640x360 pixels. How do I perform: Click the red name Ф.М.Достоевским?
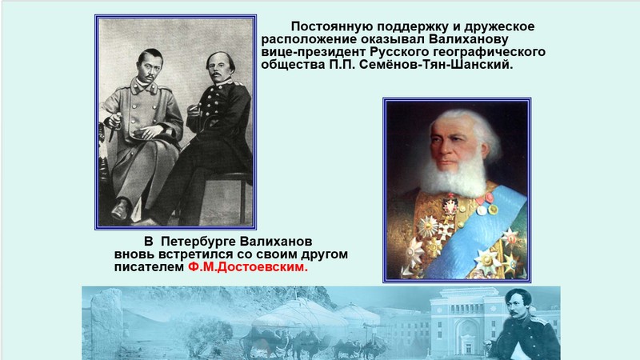pos(248,267)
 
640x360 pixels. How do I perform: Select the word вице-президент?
pos(314,52)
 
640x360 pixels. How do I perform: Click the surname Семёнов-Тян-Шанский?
pos(436,65)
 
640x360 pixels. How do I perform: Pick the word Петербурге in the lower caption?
pos(198,242)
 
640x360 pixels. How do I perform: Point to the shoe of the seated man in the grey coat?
pos(122,210)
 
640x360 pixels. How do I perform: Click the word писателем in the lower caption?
pos(149,267)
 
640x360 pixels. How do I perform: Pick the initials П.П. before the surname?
pos(343,65)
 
